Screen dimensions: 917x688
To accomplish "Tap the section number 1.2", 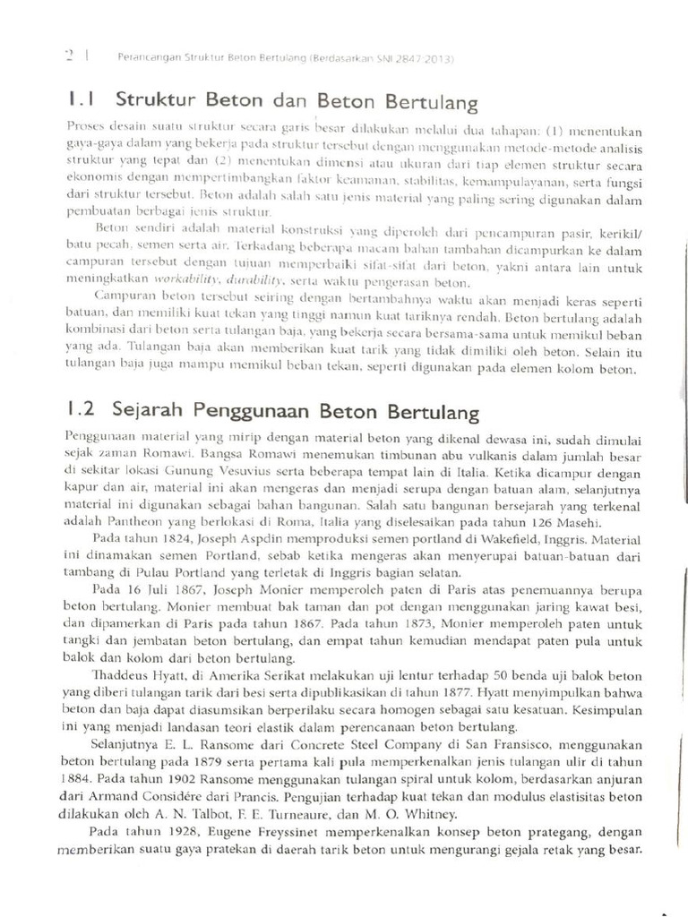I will click(x=82, y=411).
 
